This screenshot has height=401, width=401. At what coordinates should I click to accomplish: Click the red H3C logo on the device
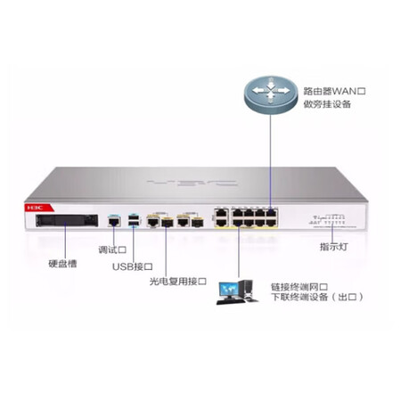click(35, 208)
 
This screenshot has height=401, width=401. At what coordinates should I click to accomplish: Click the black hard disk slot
click(67, 220)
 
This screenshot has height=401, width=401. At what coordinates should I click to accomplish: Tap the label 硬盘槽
click(62, 264)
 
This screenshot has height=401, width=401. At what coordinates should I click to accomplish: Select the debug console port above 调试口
click(114, 221)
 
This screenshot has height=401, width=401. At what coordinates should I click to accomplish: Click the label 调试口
click(112, 250)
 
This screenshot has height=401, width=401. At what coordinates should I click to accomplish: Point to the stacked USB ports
click(135, 221)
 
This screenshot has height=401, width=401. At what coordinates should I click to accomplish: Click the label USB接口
click(133, 266)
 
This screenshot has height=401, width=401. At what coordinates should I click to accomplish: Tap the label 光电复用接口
click(177, 282)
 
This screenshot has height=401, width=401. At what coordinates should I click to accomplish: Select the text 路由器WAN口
click(334, 91)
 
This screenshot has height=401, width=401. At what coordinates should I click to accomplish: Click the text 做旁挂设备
click(327, 104)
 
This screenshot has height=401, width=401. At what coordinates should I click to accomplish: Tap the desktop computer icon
click(237, 292)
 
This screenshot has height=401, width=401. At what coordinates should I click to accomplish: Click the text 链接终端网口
click(299, 287)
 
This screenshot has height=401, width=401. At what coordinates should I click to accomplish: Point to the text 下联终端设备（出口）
click(317, 297)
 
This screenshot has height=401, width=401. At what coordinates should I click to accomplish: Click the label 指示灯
click(333, 247)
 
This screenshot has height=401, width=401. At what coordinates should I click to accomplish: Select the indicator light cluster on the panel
click(327, 219)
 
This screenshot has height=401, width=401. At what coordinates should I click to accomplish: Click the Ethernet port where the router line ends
click(271, 213)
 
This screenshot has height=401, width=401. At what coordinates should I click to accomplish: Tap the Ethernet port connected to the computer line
click(238, 223)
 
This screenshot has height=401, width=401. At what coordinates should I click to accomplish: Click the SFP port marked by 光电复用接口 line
click(168, 222)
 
